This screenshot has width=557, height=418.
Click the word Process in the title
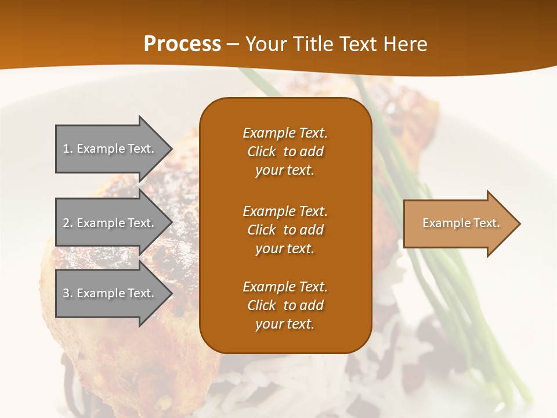pos(182,44)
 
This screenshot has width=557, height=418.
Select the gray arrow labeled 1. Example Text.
pos(110,149)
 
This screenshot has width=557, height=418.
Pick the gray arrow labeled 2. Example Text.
pos(110,223)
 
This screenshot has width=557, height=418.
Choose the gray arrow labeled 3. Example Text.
pos(110,293)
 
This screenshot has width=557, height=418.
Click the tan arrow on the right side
pos(458,224)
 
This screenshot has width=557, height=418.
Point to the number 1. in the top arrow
pos(67,149)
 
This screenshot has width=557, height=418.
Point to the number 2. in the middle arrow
pos(67,223)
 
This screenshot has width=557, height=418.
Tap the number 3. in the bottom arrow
pos(67,293)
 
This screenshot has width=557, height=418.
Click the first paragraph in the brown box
pos(285,152)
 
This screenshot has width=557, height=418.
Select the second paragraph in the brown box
pos(285,230)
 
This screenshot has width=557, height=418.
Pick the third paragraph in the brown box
pos(285,305)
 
